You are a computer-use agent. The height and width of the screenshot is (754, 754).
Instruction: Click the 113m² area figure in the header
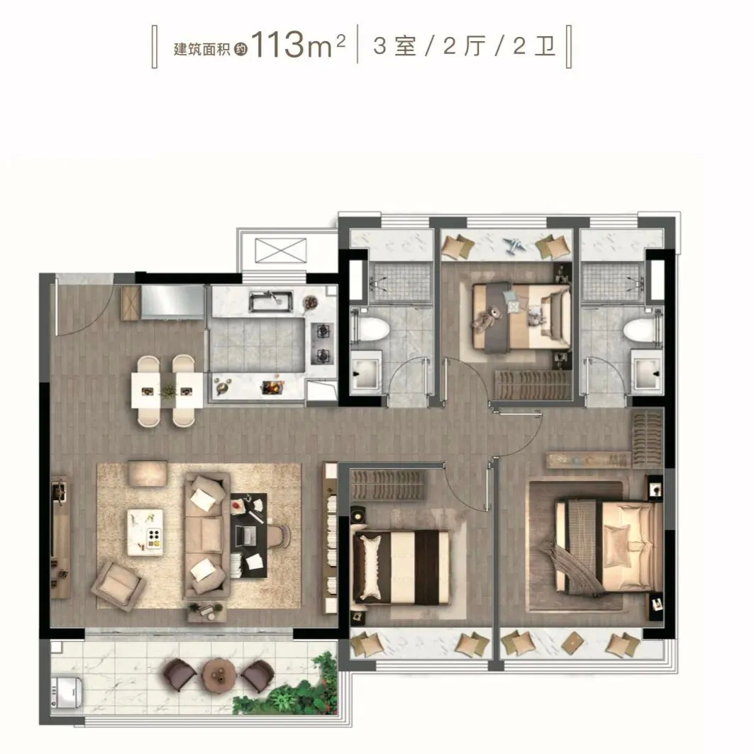pos(298,45)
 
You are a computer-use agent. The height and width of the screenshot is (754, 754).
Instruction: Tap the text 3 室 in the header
pos(394,47)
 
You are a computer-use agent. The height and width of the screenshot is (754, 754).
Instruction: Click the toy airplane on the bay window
pos(514,245)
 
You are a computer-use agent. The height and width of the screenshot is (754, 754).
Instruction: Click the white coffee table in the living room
pos(145,531)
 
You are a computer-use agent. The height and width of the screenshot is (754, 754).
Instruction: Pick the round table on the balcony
pos(218,674)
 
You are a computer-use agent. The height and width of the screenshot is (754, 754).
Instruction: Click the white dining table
pos(167,390)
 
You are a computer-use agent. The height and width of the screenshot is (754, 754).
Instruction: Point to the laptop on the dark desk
pos(245,536)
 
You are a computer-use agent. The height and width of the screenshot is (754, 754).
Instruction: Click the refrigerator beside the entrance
pos(172,301)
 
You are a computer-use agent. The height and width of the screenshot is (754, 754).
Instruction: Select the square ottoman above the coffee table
pos(148,473)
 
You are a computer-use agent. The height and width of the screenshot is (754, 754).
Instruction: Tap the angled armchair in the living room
pos(118,585)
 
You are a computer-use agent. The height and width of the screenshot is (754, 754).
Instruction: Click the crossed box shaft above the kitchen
pos(280,250)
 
